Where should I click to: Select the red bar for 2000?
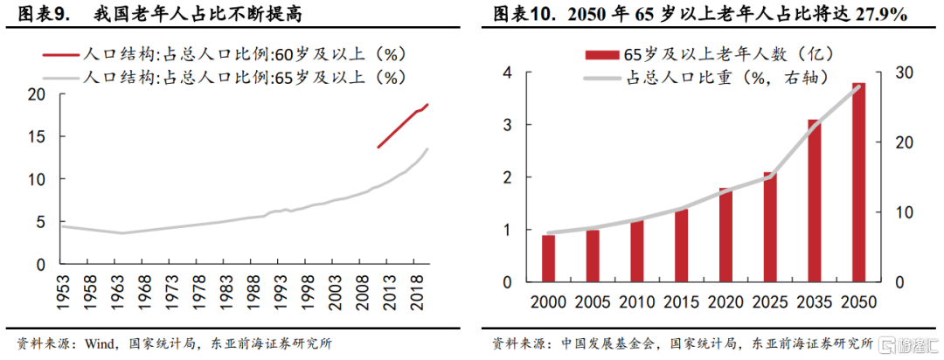click(x=548, y=259)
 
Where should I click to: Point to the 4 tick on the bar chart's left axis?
click(x=506, y=73)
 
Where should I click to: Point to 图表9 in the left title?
click(x=38, y=15)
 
